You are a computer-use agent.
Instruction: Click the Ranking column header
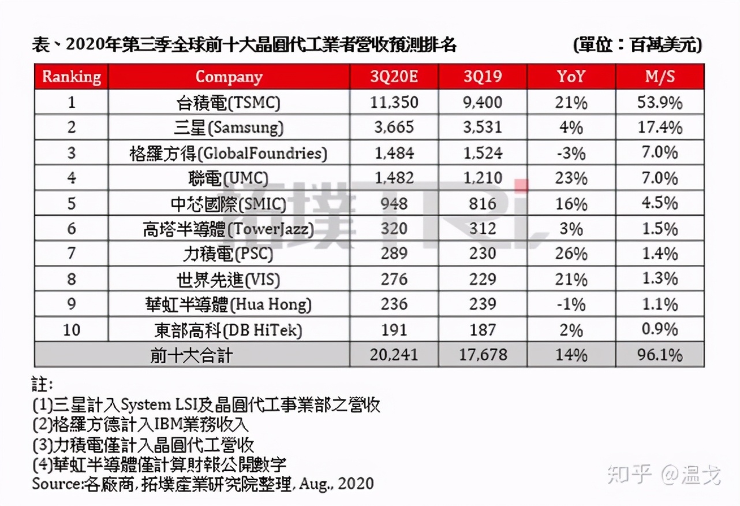[x=72, y=77]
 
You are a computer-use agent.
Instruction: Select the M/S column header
[x=659, y=77]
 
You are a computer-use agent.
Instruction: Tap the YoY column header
[x=571, y=77]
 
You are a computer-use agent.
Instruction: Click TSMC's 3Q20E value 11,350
[x=395, y=102]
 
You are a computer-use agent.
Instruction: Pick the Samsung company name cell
[x=229, y=128]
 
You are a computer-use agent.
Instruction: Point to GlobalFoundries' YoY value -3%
[x=571, y=153]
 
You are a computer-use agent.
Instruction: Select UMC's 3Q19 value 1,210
[x=483, y=178]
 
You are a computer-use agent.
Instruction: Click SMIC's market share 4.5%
[x=659, y=203]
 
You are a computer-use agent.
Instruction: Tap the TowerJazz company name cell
[x=229, y=229]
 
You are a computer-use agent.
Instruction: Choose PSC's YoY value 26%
[x=571, y=254]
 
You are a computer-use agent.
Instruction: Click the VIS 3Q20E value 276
[x=395, y=279]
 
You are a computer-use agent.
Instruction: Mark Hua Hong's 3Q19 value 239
[x=483, y=304]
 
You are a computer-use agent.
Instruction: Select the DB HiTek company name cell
[x=229, y=330]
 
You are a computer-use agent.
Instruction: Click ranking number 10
[x=72, y=330]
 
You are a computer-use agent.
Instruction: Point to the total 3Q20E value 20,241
[x=395, y=355]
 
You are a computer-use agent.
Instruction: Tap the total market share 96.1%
[x=659, y=355]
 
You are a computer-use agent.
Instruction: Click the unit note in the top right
[x=637, y=44]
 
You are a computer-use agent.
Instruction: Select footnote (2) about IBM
[x=141, y=425]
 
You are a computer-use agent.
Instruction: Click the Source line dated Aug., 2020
[x=203, y=483]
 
